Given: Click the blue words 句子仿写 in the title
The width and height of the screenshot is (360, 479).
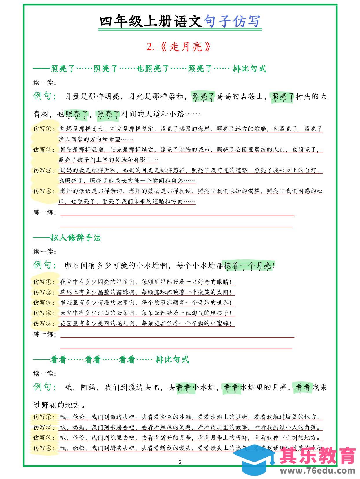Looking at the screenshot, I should point(232,21).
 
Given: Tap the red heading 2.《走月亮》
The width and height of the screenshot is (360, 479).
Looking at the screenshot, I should point(178,47).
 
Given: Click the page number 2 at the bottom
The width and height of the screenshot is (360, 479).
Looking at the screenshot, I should point(180,462).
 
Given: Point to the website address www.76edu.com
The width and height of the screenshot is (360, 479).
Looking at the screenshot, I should point(317,471).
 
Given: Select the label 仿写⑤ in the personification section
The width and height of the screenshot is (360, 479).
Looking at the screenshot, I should point(43,323).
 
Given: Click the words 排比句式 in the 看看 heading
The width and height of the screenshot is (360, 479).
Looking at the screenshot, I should point(172,359).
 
